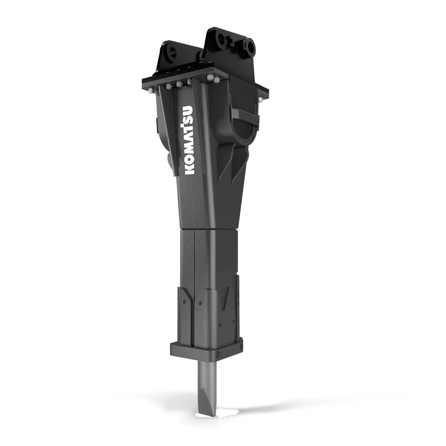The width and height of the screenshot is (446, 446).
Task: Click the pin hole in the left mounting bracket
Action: [172, 52]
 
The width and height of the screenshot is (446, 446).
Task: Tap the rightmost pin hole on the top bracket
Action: [250, 46]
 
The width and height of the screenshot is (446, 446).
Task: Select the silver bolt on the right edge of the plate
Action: [260, 99]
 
